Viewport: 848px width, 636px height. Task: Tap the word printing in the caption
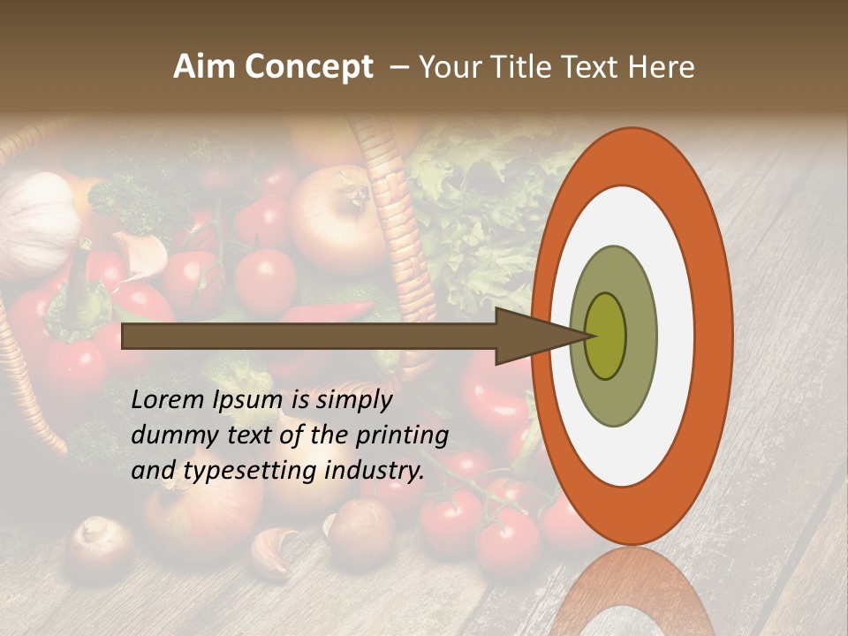[x=401, y=435]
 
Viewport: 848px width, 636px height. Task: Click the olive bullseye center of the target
[x=606, y=336]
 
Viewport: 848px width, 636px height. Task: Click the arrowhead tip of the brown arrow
[x=587, y=336]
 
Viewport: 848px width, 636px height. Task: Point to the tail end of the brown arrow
[x=125, y=336]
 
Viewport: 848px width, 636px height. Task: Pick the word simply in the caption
[x=353, y=400]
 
